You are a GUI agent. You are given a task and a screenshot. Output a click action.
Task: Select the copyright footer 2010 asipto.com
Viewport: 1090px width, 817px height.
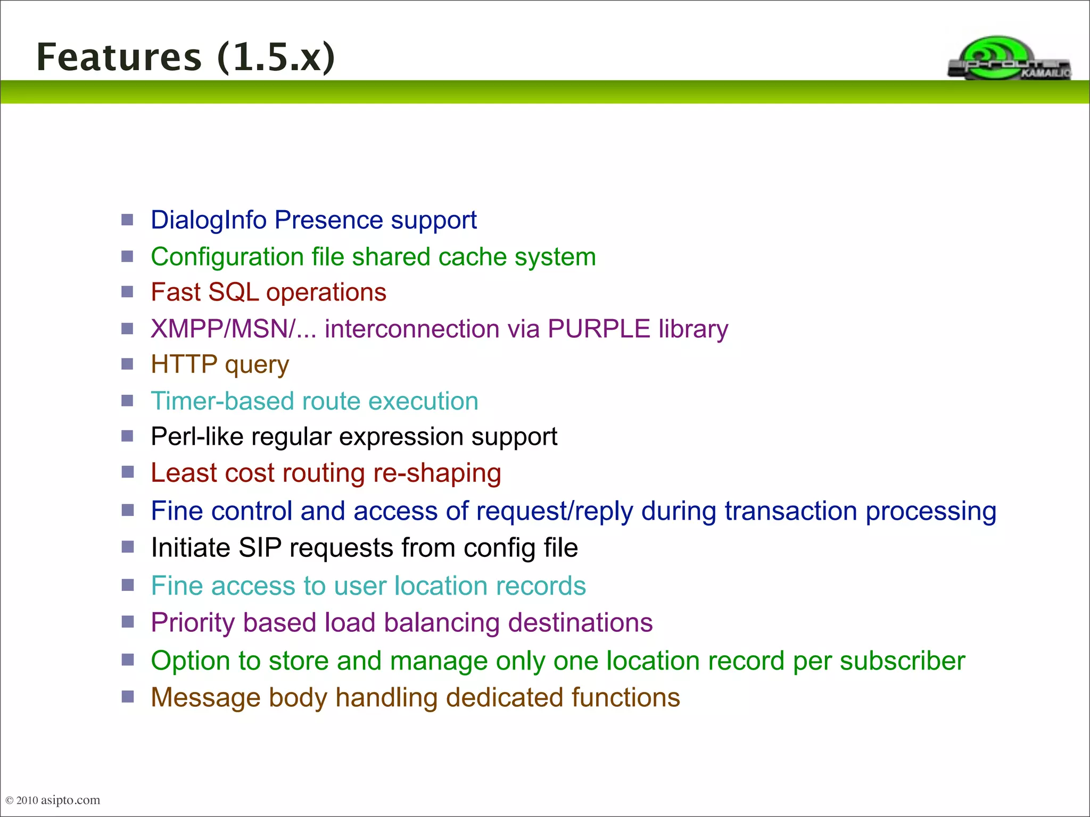pos(53,800)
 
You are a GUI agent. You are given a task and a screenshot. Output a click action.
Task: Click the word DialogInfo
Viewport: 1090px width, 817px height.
pos(208,220)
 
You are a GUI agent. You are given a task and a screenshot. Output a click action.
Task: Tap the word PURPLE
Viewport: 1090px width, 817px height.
pos(599,329)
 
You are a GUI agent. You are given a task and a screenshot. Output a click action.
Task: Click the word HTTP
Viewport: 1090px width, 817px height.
pos(184,365)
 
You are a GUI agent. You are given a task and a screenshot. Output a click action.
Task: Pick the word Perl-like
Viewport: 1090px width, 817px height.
pos(197,437)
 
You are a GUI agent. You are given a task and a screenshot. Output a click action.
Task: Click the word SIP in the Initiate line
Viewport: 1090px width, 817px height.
pos(260,548)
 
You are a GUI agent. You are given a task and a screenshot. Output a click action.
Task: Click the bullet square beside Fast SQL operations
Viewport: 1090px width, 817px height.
pos(127,291)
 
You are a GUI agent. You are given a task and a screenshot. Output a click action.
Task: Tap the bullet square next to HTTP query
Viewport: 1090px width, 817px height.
pos(127,364)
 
